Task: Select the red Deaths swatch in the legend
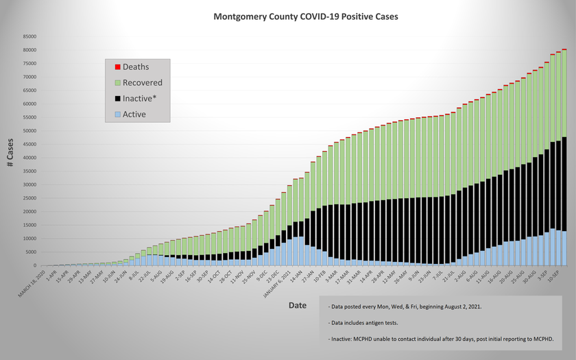[x=118, y=67]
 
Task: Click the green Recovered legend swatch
[x=118, y=83]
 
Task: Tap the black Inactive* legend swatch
[x=118, y=99]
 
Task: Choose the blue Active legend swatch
[x=118, y=115]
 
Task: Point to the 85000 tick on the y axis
[x=30, y=36]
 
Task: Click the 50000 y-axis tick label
[x=30, y=131]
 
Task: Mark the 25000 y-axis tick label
[x=30, y=198]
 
